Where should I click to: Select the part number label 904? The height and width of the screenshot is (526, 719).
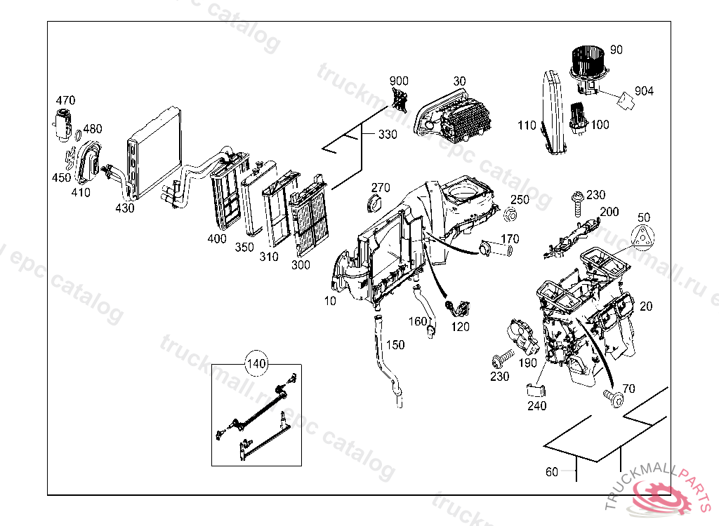tap(643, 91)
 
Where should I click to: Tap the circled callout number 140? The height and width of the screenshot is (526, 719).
tap(256, 364)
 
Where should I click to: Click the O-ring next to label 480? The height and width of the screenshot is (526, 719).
tap(77, 136)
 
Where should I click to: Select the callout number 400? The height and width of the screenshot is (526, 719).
tap(217, 238)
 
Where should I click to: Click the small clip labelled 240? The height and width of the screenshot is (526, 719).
tap(536, 392)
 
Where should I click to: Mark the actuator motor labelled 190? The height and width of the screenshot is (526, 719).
tap(522, 338)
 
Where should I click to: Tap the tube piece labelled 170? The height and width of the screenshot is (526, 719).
tap(496, 248)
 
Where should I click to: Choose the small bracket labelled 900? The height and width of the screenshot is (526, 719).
tap(400, 100)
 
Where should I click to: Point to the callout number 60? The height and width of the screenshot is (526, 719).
tap(552, 472)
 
